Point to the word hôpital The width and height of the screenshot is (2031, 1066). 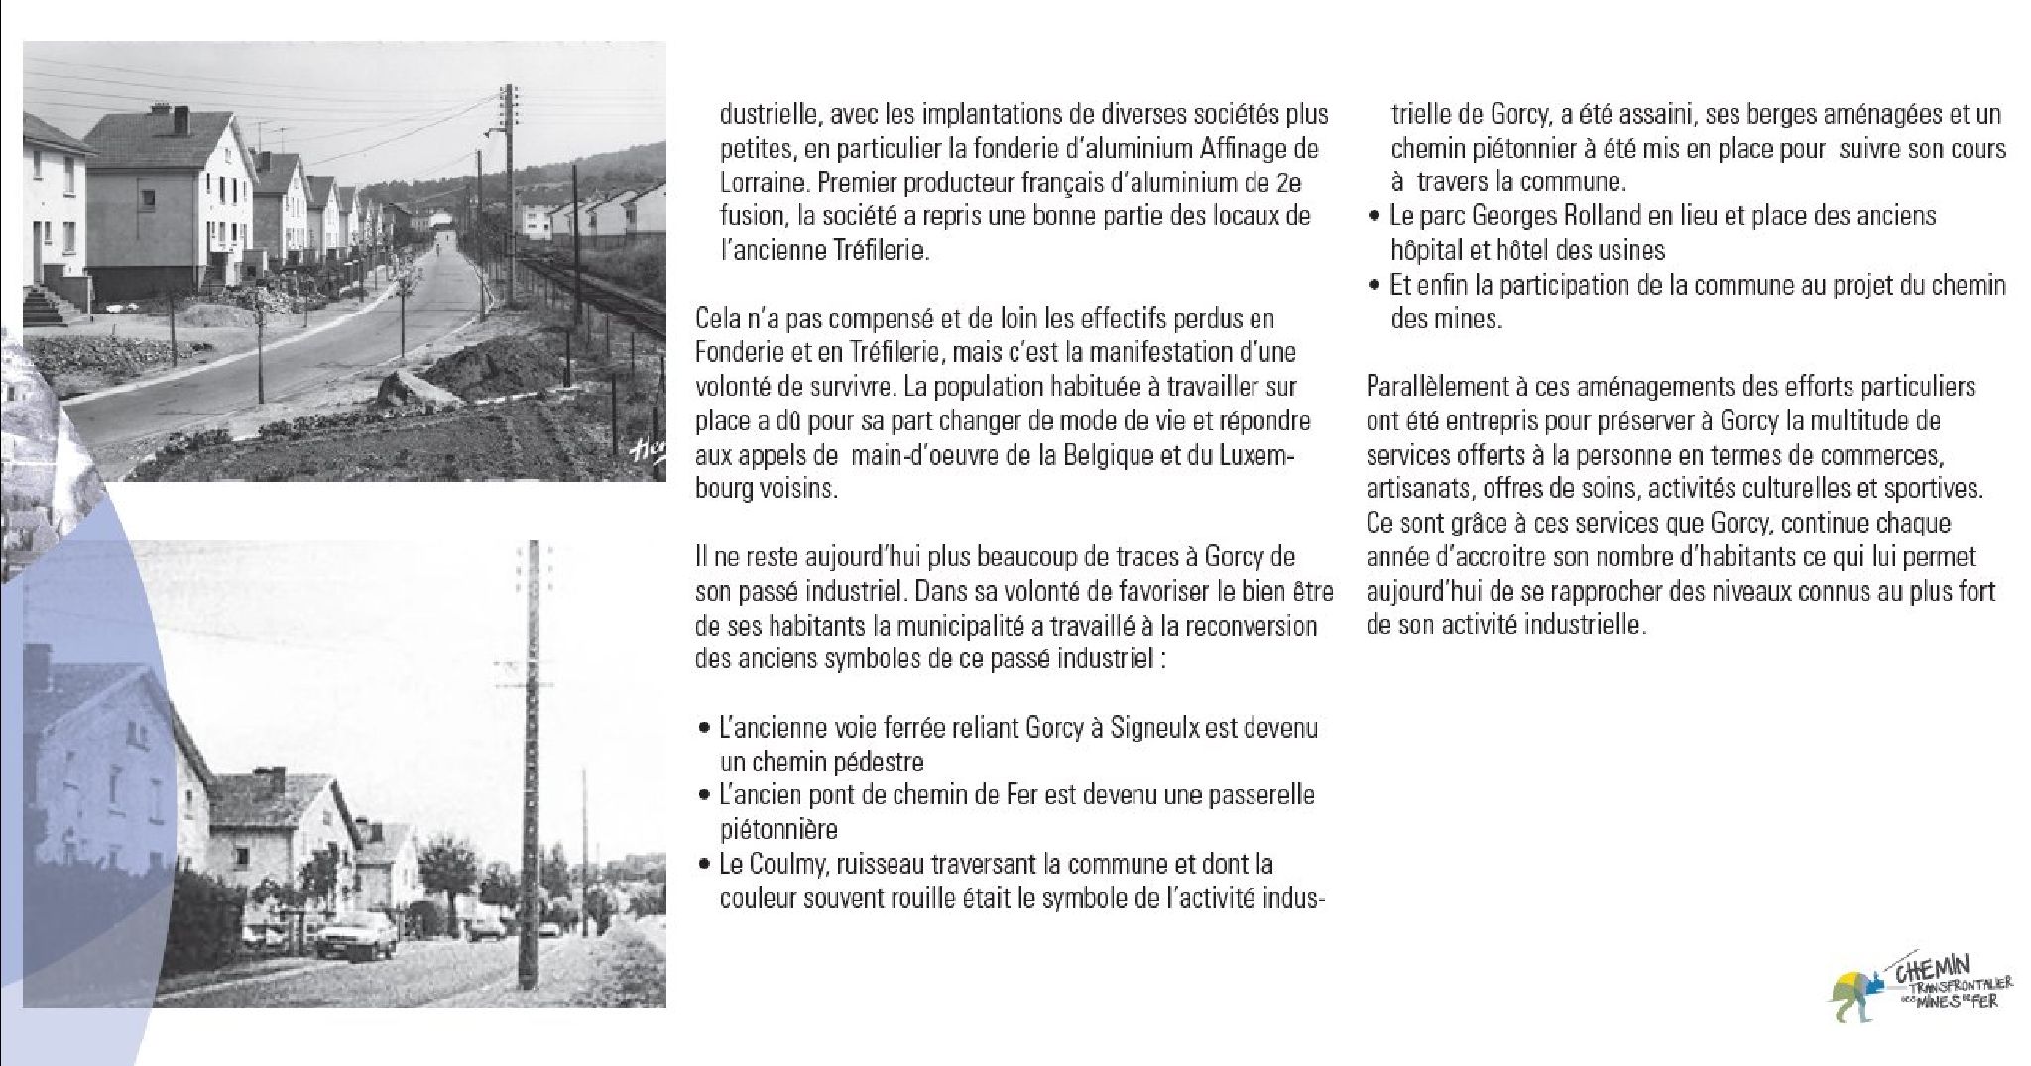pyautogui.click(x=1426, y=250)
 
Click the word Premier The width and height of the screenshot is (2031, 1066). pyautogui.click(x=862, y=183)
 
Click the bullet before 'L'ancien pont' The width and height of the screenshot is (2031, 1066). pyautogui.click(x=702, y=795)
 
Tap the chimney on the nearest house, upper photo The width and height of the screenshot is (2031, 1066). pyautogui.click(x=181, y=119)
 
